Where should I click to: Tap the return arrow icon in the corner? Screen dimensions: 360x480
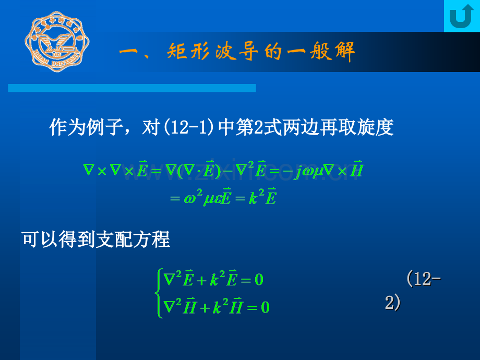[x=461, y=16]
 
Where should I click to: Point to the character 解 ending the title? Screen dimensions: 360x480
[x=344, y=52]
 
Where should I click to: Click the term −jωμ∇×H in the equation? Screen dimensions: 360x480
[x=327, y=171]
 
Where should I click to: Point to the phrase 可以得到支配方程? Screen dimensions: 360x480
[x=96, y=240]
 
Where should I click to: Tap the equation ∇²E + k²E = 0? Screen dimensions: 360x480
[x=214, y=280]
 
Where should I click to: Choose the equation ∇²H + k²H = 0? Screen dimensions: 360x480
[x=217, y=307]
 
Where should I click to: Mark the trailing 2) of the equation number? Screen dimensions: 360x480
[x=392, y=303]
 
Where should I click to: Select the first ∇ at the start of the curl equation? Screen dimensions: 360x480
[x=88, y=171]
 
